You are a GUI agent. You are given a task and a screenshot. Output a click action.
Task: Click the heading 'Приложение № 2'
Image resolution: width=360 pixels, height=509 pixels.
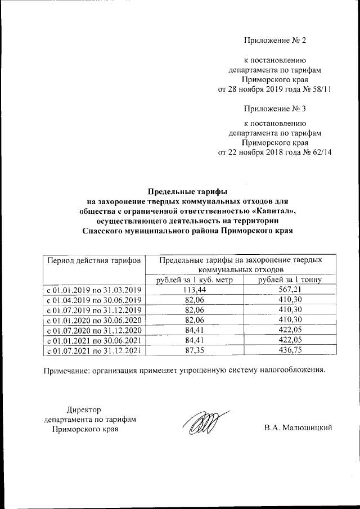coord(274,40)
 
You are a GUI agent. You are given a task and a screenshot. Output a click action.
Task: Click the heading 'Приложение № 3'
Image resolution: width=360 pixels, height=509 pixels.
coord(274,107)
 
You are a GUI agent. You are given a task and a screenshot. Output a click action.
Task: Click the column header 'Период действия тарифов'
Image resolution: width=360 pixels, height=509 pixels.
coord(94,261)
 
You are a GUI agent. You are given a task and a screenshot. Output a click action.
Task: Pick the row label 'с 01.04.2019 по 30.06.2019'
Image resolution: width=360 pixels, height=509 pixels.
coord(94,300)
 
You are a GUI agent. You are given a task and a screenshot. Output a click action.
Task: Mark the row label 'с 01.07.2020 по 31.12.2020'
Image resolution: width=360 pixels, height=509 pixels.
coord(94,330)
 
